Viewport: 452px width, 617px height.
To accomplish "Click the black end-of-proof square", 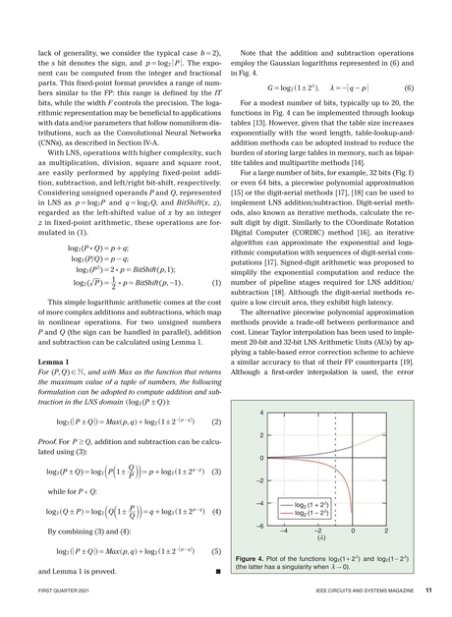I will tap(215, 570).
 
